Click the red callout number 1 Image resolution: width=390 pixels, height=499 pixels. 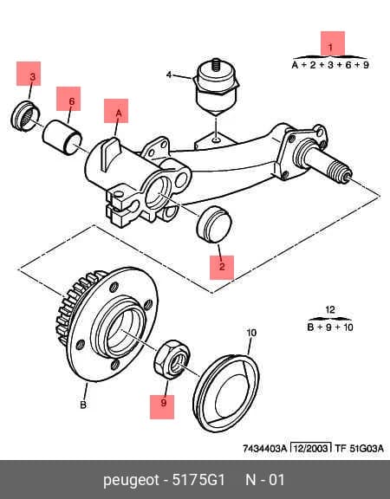330,48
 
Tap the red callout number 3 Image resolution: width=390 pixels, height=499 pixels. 32,77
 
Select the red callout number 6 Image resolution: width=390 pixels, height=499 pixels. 72,101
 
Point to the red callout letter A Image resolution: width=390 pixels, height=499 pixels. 119,113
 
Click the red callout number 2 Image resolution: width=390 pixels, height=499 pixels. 222,266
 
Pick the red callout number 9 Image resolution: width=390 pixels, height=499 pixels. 163,403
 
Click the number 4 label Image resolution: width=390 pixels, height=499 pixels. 169,75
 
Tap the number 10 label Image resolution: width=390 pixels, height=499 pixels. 251,333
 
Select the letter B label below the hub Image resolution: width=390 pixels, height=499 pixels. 83,405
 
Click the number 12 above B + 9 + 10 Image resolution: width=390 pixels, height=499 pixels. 330,309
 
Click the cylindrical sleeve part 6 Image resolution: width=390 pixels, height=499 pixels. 62,137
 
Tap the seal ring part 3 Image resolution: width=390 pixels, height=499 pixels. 25,115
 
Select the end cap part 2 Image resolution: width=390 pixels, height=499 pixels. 214,224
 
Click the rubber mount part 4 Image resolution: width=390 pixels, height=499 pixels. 216,87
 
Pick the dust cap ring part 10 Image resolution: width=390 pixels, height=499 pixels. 226,393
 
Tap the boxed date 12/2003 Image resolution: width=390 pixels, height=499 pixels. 311,449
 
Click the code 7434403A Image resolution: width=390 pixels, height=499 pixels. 265,449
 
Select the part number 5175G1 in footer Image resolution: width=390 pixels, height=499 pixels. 198,480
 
